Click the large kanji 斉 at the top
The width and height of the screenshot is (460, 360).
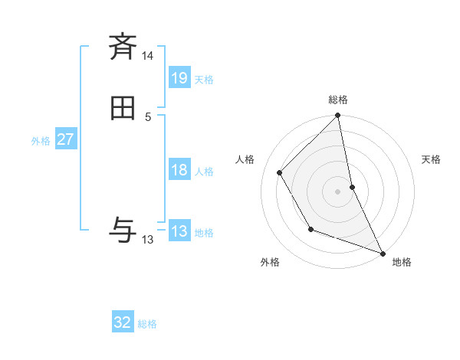point(123,47)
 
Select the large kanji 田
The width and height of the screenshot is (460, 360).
point(123,110)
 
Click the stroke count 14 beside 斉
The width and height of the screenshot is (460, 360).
point(148,56)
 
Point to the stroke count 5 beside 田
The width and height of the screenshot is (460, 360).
point(148,117)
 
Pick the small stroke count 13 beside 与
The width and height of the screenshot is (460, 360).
point(148,240)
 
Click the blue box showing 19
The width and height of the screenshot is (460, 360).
point(179,78)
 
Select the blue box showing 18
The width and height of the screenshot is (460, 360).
point(179,170)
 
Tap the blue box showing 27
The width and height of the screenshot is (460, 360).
point(66,140)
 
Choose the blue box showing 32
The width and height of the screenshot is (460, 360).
point(123,322)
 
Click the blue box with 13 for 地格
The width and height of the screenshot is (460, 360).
point(179,231)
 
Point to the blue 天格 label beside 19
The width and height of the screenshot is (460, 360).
point(204,79)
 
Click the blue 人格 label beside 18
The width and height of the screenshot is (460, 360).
point(204,171)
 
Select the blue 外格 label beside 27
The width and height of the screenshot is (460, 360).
point(41,141)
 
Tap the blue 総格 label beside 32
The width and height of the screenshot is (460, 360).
point(147,323)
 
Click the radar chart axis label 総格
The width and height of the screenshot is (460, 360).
point(338,100)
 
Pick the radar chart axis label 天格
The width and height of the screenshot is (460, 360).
point(431,159)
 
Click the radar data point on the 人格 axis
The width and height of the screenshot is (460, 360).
point(280,172)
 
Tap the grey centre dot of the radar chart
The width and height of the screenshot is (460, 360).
point(338,191)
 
